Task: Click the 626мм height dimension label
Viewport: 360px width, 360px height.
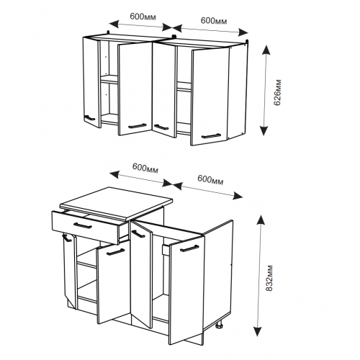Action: tap(278, 92)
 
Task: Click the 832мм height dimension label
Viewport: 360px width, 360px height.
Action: tap(270, 278)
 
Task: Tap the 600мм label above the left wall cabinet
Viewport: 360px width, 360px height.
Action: tap(143, 17)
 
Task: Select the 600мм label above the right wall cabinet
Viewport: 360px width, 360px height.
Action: tap(214, 21)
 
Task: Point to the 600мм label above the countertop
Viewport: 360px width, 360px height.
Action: tap(145, 168)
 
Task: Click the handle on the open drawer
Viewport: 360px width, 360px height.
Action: tap(83, 225)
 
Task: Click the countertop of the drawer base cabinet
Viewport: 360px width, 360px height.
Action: tap(117, 204)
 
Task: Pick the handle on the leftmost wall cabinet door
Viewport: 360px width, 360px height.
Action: tap(90, 118)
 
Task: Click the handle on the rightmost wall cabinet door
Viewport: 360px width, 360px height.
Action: tap(211, 136)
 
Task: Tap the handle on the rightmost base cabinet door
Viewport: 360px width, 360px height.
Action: tap(189, 248)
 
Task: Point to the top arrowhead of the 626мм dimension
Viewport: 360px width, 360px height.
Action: tap(266, 50)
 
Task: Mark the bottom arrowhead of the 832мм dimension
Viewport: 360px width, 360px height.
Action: tap(258, 331)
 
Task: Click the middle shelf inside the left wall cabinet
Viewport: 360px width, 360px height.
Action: tap(109, 79)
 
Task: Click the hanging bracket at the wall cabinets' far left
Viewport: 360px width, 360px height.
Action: tap(108, 32)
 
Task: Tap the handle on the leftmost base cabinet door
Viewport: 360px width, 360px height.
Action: tap(67, 238)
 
